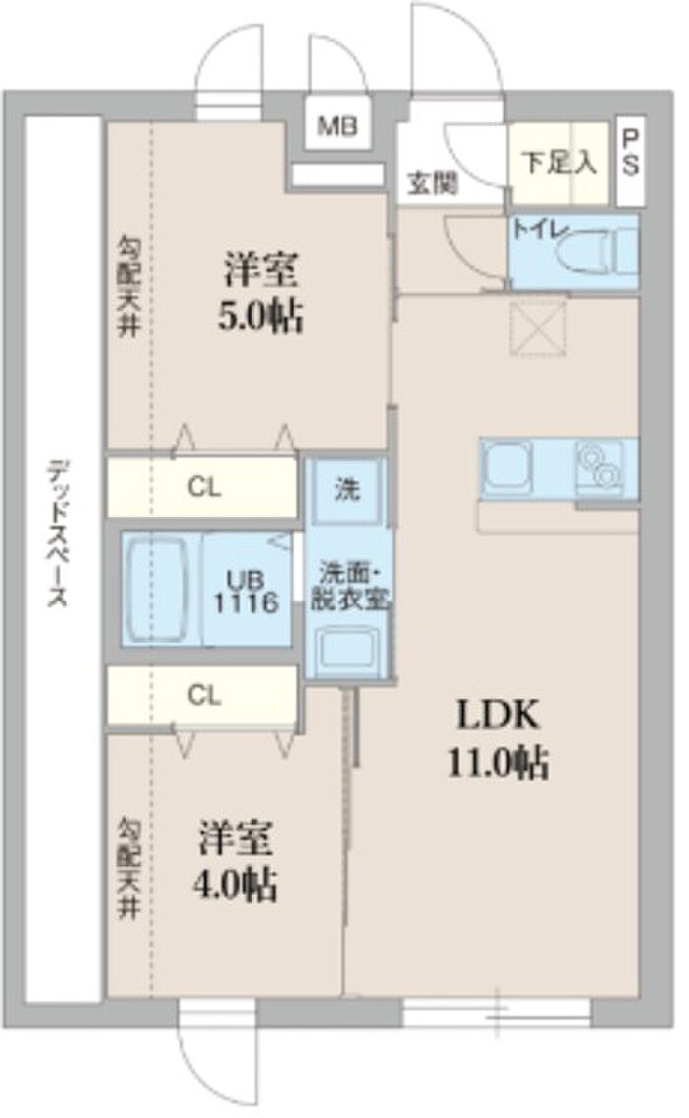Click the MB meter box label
point(337,128)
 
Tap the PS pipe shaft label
point(631,151)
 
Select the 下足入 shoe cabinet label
point(559,162)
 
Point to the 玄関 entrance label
point(432,184)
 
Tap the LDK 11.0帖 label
point(498,737)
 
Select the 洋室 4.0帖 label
point(235,860)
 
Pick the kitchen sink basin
point(506,468)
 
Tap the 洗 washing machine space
point(346,490)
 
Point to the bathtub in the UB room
point(162,590)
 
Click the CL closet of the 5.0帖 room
point(202,489)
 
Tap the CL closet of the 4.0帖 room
point(202,696)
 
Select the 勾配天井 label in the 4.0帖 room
point(129,867)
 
